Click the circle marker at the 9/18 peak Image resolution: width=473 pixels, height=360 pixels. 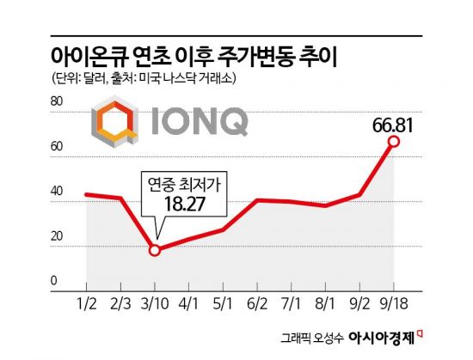point(393,142)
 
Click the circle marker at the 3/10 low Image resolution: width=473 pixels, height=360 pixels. point(155,250)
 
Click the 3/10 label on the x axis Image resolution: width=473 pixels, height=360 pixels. point(155,301)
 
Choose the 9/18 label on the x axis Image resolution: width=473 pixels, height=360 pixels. point(393,301)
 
